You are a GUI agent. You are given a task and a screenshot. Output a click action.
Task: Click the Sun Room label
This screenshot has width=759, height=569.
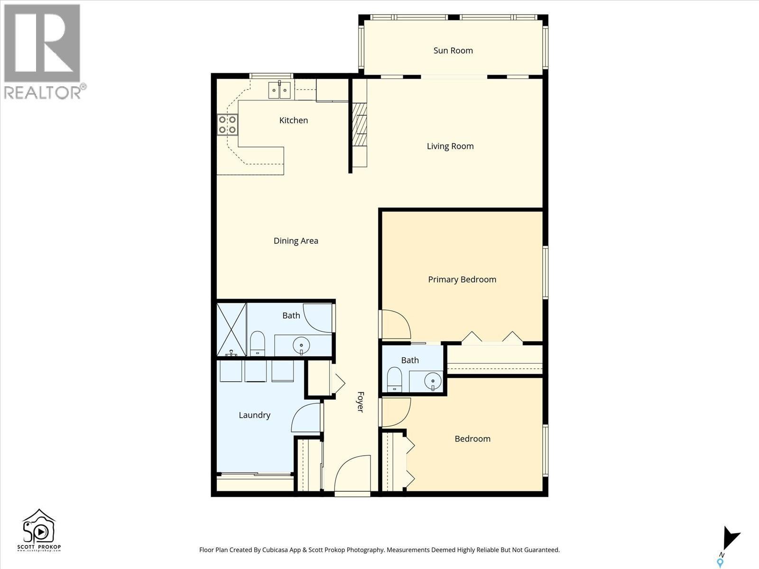[x=453, y=51]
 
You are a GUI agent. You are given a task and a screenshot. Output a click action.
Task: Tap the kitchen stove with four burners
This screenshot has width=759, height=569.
[x=227, y=125]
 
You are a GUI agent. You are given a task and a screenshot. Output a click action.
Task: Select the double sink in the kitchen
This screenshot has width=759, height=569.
[x=279, y=90]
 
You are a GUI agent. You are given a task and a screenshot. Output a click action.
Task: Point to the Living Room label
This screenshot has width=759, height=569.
[x=450, y=146]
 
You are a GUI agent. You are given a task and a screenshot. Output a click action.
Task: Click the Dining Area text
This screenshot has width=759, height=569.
[x=296, y=241]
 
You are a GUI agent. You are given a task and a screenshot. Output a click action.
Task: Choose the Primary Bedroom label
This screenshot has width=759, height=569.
[x=462, y=280]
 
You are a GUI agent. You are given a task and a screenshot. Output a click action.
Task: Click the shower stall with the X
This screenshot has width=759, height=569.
[x=231, y=330]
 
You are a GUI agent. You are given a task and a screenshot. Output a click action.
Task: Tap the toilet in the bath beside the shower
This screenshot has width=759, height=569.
[x=257, y=343]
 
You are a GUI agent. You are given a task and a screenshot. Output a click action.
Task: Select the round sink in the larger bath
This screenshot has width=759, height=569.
[x=301, y=345]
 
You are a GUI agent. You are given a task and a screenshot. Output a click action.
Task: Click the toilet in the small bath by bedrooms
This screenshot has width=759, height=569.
[x=394, y=379]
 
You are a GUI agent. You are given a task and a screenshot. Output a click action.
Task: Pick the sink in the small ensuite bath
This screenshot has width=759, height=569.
[x=433, y=380]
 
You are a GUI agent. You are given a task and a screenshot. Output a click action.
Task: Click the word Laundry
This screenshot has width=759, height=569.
[x=254, y=415]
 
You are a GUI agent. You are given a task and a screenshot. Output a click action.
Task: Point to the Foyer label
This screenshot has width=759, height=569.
[x=361, y=402]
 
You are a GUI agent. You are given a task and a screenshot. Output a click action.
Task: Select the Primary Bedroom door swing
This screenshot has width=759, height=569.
[x=396, y=324]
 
